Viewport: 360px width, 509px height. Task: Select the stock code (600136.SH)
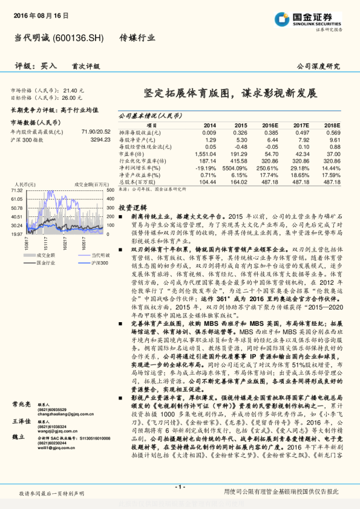[79, 37]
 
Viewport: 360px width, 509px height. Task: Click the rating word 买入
[49, 66]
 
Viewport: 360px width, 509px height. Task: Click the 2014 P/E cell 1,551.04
[206, 154]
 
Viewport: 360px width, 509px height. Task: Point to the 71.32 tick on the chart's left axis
[17, 190]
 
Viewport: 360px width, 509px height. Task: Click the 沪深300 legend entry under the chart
[84, 263]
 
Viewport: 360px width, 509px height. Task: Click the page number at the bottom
[180, 486]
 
